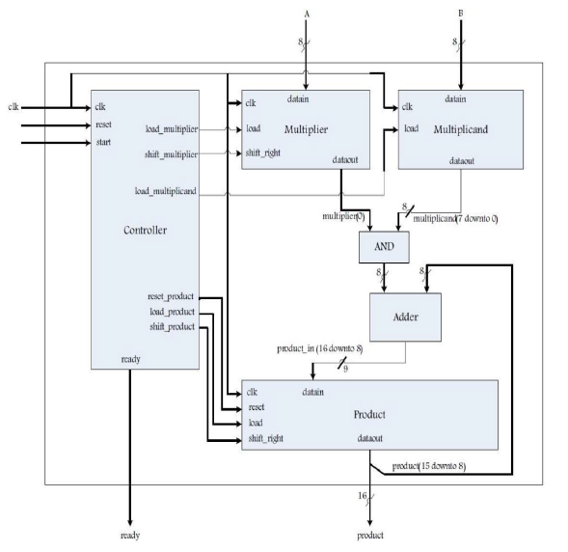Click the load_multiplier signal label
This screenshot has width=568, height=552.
(173, 129)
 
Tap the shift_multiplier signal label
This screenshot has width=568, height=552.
(172, 154)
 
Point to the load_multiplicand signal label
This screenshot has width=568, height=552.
(166, 191)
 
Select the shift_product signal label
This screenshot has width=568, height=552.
(172, 326)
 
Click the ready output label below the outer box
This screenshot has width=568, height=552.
(130, 534)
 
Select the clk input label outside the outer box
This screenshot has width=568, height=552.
(14, 105)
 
